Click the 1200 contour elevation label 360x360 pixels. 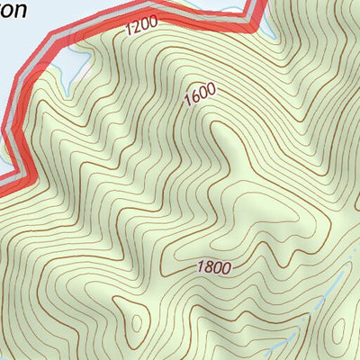(141, 28)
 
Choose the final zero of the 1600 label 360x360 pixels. (212, 87)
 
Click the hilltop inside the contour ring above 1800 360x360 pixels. (261, 211)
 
